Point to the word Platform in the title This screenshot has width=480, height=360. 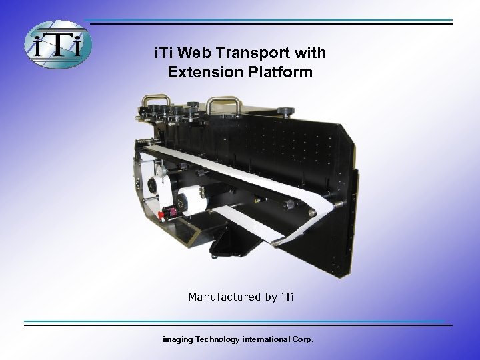click(x=281, y=71)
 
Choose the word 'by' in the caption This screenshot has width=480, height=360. click(x=269, y=296)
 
